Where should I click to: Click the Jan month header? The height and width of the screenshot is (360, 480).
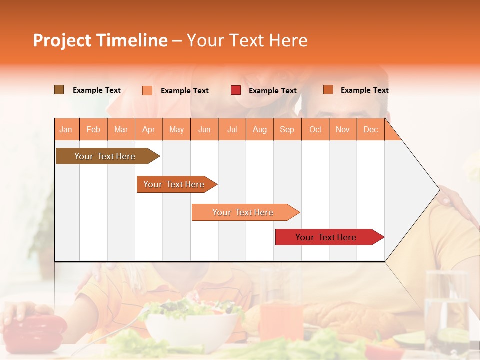(x=66, y=129)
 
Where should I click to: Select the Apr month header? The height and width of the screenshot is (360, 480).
(x=149, y=129)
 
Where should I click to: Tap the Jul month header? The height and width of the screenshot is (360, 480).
(x=232, y=129)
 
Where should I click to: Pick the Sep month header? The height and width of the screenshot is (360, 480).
(x=287, y=129)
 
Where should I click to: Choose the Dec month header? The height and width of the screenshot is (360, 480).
(x=370, y=129)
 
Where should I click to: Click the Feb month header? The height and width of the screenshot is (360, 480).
(x=93, y=129)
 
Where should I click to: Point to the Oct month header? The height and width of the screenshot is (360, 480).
(x=315, y=129)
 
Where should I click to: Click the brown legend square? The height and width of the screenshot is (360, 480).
(x=59, y=90)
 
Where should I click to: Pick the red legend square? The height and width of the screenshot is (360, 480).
(x=236, y=90)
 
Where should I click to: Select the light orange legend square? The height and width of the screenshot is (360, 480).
(x=147, y=90)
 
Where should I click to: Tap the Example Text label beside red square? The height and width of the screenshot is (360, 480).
(x=273, y=91)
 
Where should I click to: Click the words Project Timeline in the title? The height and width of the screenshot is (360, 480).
(x=100, y=40)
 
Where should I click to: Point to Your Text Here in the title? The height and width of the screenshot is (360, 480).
(x=247, y=40)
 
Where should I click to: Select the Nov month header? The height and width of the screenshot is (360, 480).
(x=343, y=129)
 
